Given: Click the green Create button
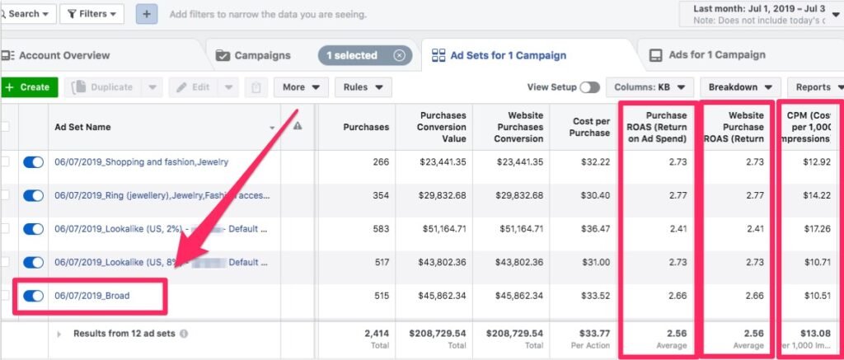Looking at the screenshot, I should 29,87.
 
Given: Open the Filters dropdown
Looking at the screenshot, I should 92,14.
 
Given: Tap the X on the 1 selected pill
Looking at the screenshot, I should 399,55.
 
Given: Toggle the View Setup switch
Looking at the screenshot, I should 589,87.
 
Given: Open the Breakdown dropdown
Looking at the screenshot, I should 739,87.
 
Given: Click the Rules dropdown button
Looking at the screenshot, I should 367,87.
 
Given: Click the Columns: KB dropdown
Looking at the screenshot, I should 649,87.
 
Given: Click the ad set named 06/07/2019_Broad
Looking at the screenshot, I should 92,296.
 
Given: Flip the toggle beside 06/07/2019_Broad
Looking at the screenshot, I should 34,296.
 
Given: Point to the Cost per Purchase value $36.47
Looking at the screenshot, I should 594,229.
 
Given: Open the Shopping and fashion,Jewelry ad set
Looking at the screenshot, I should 141,162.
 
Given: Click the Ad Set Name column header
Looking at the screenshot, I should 82,127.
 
